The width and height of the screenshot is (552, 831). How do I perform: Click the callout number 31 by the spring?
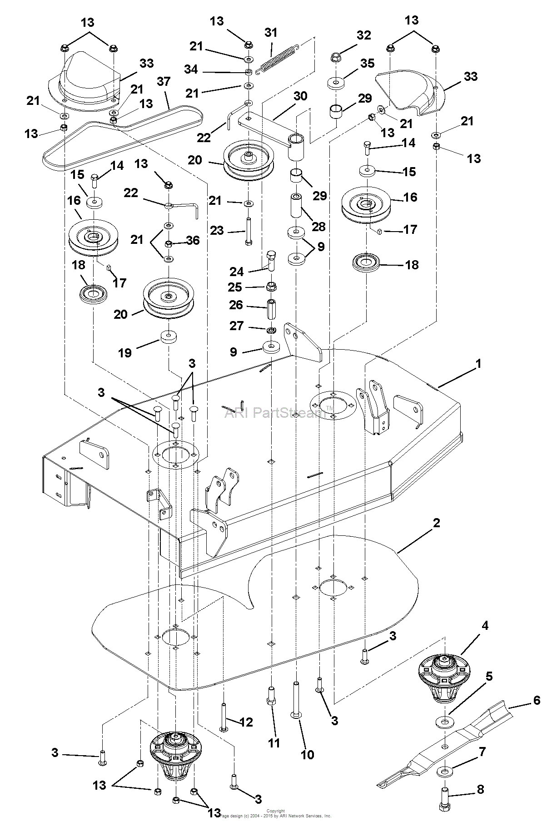click(271, 33)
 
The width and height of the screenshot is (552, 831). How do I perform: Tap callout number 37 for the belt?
click(164, 82)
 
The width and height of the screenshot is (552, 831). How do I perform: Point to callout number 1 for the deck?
click(478, 364)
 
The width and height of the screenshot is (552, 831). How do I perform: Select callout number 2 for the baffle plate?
click(436, 523)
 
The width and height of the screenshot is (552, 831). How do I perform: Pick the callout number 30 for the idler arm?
click(300, 96)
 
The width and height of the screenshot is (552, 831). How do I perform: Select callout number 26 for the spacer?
click(236, 305)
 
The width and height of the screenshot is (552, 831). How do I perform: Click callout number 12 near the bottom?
click(246, 722)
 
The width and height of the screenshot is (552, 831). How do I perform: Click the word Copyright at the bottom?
click(275, 811)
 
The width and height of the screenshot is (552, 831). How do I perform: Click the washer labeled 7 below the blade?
click(442, 772)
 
